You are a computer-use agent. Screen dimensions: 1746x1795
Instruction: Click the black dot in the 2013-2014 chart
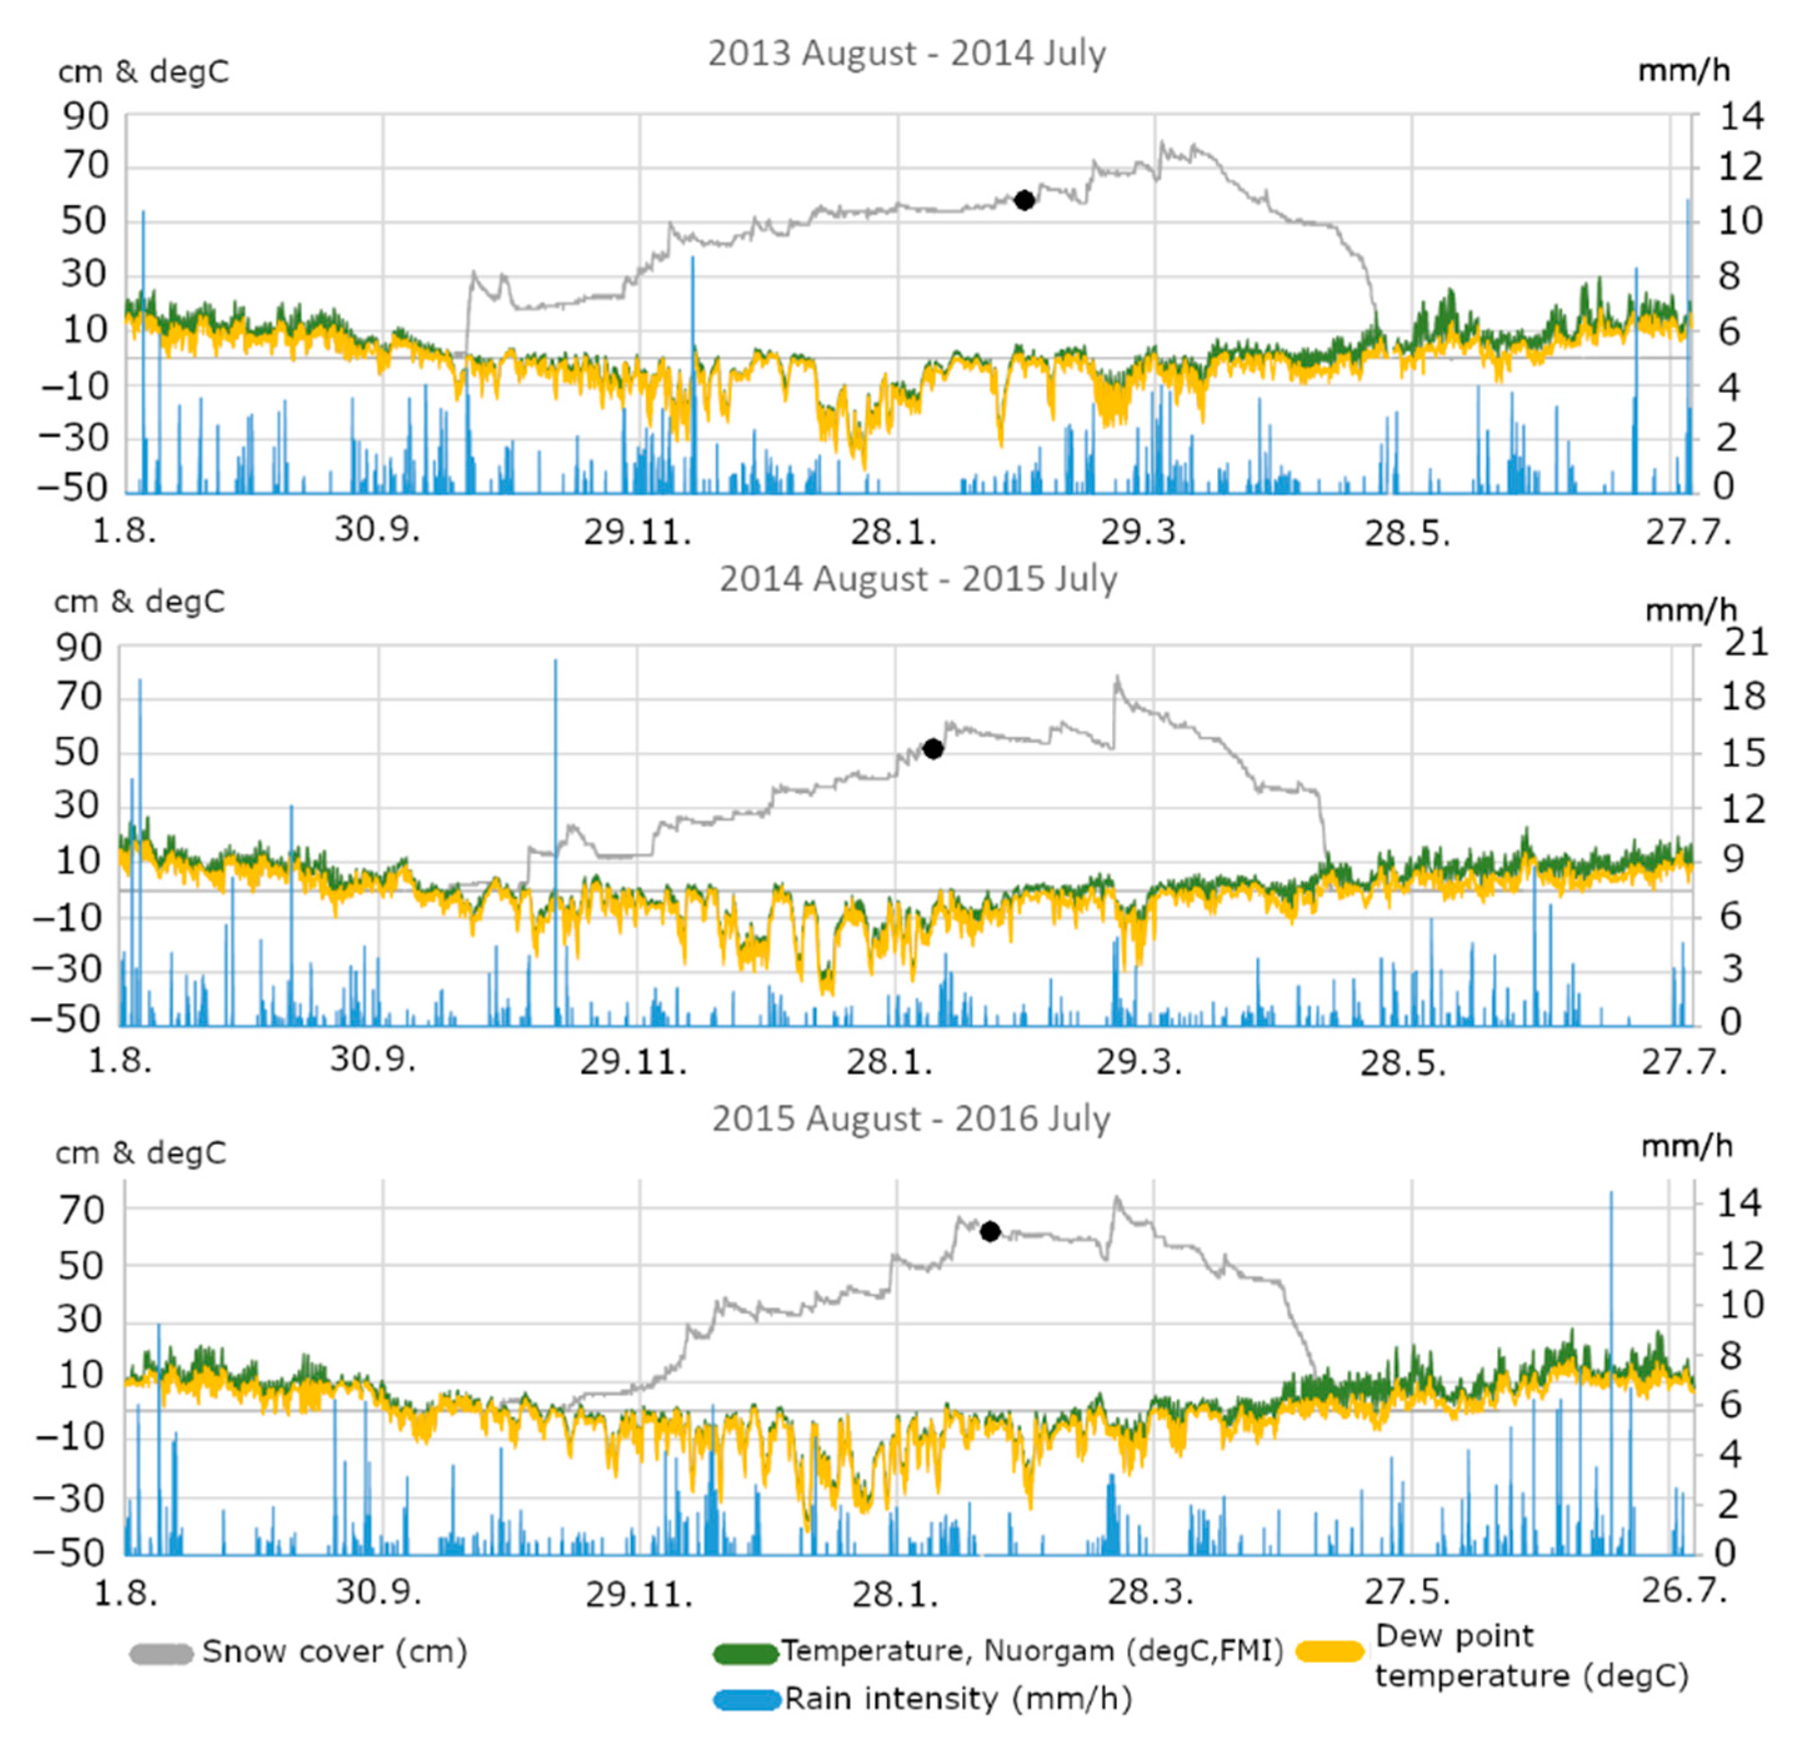(1024, 200)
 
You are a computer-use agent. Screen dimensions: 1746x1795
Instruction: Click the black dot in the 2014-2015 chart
(932, 749)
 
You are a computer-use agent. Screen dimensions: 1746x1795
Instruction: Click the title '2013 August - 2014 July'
(906, 53)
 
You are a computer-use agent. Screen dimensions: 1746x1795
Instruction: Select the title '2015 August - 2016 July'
(910, 1119)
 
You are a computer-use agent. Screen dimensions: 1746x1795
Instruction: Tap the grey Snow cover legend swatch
(161, 1652)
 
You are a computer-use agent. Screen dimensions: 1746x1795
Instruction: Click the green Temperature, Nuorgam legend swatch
(744, 1654)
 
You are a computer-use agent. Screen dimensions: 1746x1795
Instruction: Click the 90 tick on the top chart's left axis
(84, 116)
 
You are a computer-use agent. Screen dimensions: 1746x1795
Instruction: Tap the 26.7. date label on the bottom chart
(1683, 1589)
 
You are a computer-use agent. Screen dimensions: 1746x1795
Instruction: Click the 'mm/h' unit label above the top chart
(1683, 70)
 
